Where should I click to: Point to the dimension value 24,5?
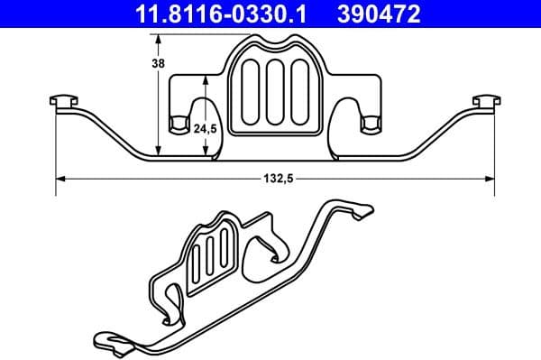pos(206,129)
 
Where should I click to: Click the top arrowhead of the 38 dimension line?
pos(159,39)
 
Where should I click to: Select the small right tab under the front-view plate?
pos(368,123)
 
